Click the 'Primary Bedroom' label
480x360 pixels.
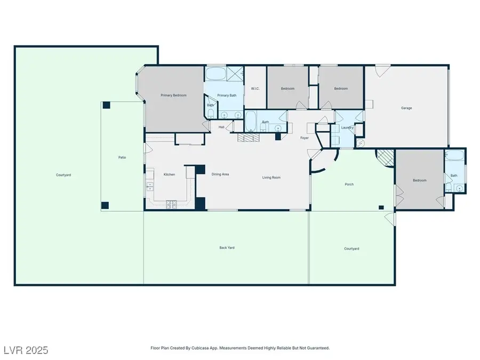[x=174, y=95]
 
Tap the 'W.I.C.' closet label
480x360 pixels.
[x=255, y=89]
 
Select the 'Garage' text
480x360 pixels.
[x=406, y=108]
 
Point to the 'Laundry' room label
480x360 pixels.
[x=348, y=127]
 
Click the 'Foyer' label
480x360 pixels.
[x=305, y=138]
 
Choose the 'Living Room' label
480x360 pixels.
[x=271, y=178]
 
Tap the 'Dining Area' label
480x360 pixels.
[x=220, y=174]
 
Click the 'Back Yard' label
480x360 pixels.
[x=227, y=247]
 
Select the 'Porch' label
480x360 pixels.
[x=349, y=185]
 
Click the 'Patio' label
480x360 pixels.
[x=122, y=157]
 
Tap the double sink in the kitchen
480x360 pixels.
[x=150, y=186]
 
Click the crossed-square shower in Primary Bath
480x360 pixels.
[x=234, y=73]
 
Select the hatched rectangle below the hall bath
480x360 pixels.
[x=249, y=138]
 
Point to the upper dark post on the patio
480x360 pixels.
[x=106, y=106]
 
